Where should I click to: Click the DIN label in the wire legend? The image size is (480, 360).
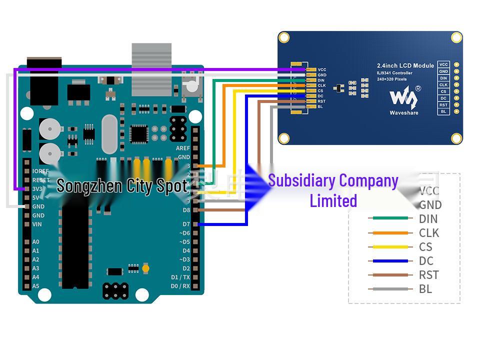[x=428, y=218]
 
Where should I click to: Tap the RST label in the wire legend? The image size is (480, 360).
[x=428, y=274]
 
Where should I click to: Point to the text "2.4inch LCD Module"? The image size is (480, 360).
[x=405, y=66]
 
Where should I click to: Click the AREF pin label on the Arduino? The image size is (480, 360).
[x=182, y=148]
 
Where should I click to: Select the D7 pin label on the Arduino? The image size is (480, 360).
[x=186, y=224]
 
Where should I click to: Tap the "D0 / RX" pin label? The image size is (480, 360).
[x=180, y=286]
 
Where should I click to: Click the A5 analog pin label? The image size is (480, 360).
[x=35, y=286]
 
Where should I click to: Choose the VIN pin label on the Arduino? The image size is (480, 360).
[x=37, y=224]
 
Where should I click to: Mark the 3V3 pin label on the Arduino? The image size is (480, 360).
[x=37, y=189]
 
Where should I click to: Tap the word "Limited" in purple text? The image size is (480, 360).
[x=333, y=201]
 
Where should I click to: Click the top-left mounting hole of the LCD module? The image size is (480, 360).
[x=284, y=37]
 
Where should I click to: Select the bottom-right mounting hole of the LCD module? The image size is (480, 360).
[x=456, y=138]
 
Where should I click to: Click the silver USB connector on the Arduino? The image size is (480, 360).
[x=151, y=69]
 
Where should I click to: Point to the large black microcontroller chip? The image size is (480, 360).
[x=75, y=247]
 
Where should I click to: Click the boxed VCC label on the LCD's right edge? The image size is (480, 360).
[x=443, y=64]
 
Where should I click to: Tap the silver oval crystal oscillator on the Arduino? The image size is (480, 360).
[x=109, y=134]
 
